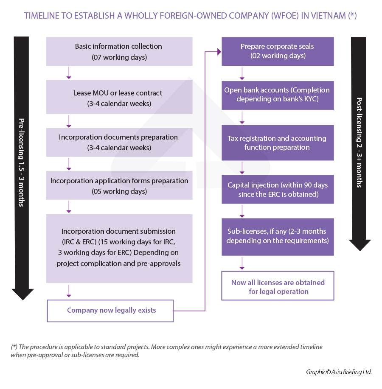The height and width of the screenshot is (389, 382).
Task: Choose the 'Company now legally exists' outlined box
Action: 110,311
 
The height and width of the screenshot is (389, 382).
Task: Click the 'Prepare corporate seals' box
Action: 278,51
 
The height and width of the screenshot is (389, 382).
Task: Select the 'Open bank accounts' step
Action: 278,94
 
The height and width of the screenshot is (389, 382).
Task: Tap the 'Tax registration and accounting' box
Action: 278,143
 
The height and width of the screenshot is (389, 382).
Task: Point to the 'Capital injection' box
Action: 278,190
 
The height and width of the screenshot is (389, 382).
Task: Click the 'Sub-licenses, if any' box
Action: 278,236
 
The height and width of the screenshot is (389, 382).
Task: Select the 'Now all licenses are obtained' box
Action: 278,287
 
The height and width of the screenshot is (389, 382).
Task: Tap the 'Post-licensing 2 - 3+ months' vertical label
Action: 360,143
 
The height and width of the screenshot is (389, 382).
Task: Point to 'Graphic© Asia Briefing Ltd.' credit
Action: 339,372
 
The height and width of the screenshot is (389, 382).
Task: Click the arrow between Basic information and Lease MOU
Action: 69,73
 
